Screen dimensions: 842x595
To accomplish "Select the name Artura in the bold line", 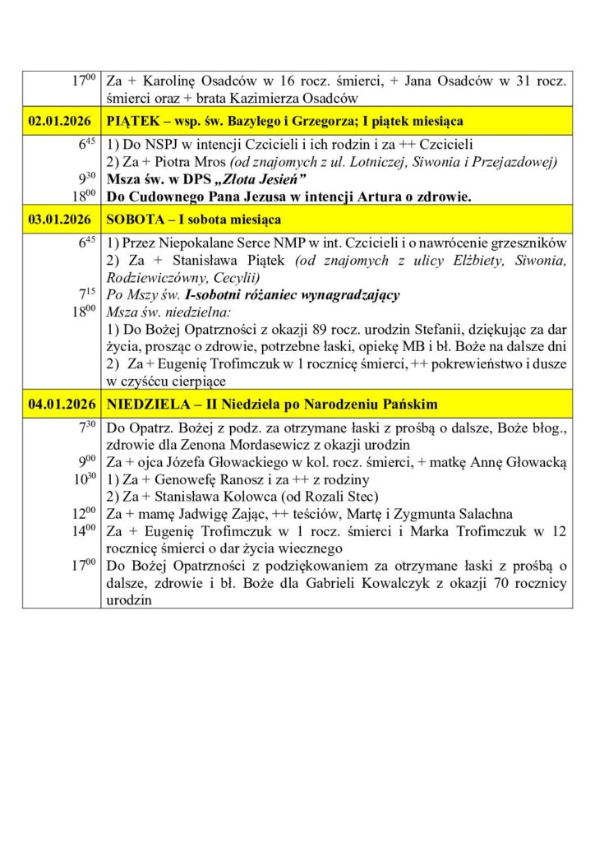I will pos(352,197).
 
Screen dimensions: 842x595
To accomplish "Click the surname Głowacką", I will pos(531,462).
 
